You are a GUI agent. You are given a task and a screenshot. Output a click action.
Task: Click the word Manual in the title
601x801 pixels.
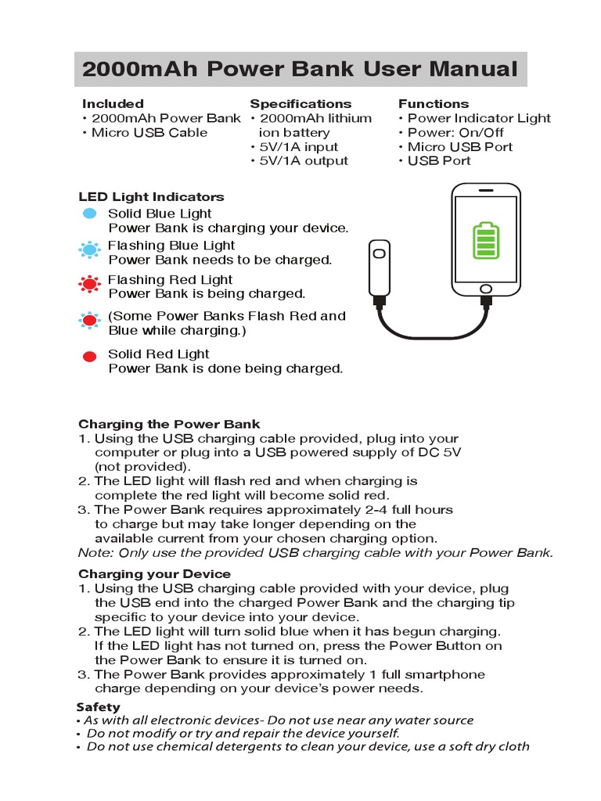[472, 70]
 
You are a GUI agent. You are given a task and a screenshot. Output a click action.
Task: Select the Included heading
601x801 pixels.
[113, 103]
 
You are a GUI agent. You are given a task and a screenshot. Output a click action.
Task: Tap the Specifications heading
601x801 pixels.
[300, 103]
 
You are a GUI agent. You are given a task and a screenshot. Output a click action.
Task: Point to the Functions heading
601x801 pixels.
[434, 103]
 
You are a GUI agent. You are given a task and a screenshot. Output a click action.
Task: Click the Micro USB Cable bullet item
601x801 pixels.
[149, 132]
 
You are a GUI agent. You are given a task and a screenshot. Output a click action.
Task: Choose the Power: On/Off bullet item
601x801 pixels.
[455, 132]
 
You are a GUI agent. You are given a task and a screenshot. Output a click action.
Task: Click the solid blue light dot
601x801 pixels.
[90, 214]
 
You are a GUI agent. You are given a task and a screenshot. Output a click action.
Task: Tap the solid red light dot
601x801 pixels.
[90, 356]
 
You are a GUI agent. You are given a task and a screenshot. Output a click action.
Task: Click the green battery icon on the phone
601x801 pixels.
[486, 241]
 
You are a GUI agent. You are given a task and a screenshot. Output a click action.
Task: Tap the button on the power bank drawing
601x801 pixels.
[380, 253]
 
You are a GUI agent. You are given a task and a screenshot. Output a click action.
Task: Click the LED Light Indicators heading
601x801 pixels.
[151, 197]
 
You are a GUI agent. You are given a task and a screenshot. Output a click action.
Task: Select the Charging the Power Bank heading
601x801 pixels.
[169, 425]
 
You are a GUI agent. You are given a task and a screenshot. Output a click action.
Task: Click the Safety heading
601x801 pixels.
[98, 707]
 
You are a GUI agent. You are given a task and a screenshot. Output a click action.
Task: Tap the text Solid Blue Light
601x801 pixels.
[160, 214]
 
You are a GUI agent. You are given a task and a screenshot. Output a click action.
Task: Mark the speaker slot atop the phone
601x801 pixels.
[486, 190]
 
